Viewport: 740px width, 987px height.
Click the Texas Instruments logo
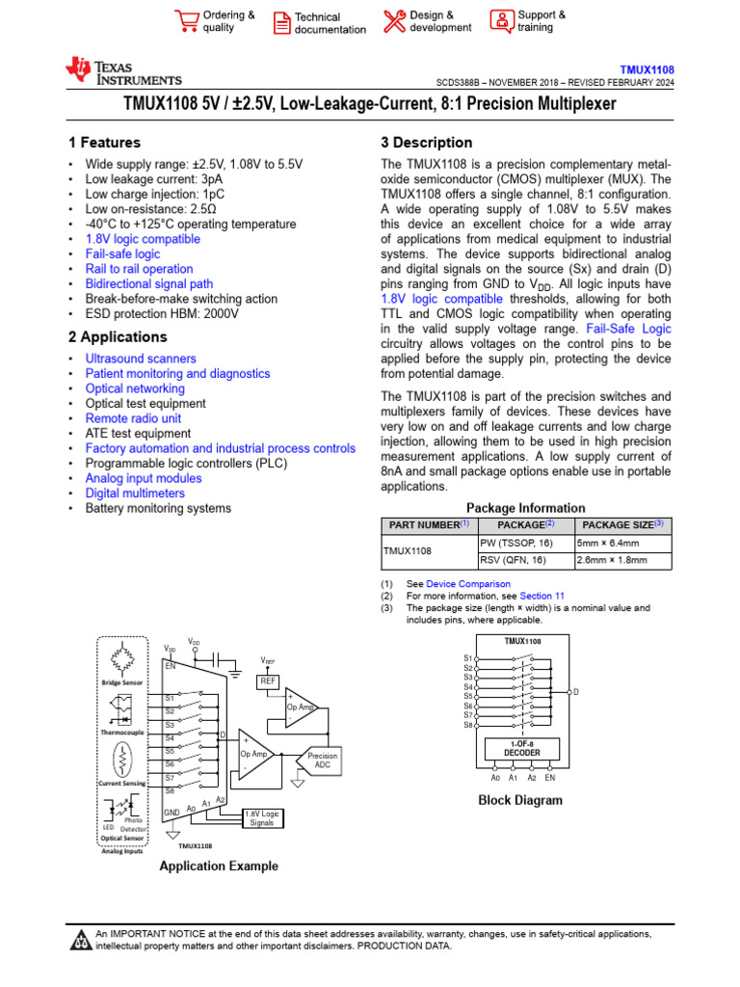[122, 71]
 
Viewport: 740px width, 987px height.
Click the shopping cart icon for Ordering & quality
[186, 21]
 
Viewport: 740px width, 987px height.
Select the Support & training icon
[502, 21]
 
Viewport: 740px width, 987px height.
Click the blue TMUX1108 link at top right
[647, 70]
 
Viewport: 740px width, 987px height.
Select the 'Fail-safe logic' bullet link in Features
[123, 253]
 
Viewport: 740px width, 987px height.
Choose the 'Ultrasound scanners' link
[141, 359]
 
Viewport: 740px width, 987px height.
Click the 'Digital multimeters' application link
[135, 493]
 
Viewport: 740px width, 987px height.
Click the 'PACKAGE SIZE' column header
[621, 525]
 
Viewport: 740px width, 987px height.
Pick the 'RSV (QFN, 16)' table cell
[513, 560]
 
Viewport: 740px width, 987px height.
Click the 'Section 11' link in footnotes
[542, 597]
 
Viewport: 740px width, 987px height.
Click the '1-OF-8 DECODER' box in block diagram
[521, 749]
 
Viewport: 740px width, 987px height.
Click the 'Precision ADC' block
[323, 761]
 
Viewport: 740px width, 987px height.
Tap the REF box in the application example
[267, 681]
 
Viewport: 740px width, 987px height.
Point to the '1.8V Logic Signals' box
[261, 818]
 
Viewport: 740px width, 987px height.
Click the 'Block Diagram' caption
[520, 800]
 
